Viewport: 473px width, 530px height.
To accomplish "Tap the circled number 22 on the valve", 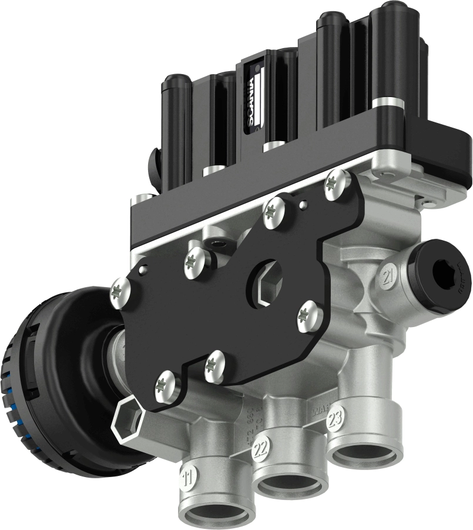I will (x=260, y=451).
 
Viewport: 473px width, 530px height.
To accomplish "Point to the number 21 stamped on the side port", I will (x=388, y=276).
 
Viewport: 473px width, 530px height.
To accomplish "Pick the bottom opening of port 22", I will (x=290, y=486).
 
